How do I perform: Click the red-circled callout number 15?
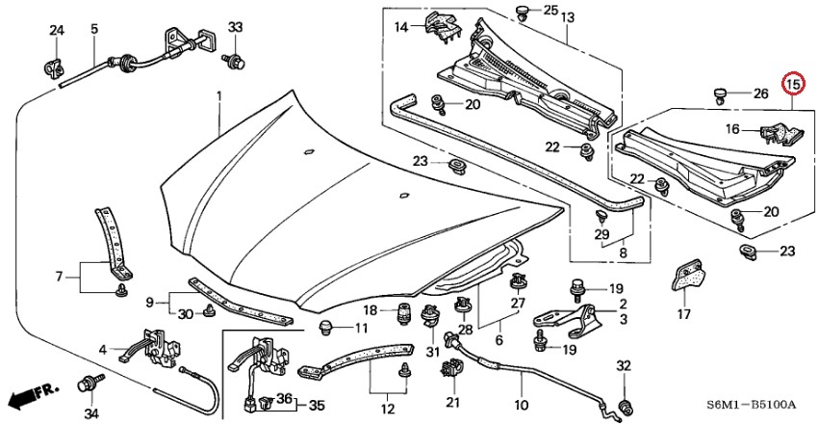coord(793,86)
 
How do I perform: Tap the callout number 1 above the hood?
coord(218,97)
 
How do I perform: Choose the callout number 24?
coord(57,32)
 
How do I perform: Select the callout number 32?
coord(623,365)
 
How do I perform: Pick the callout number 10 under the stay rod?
coord(521,405)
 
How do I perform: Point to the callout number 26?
coord(761,93)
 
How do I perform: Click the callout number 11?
coord(361,330)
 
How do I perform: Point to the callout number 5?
coord(95,30)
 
